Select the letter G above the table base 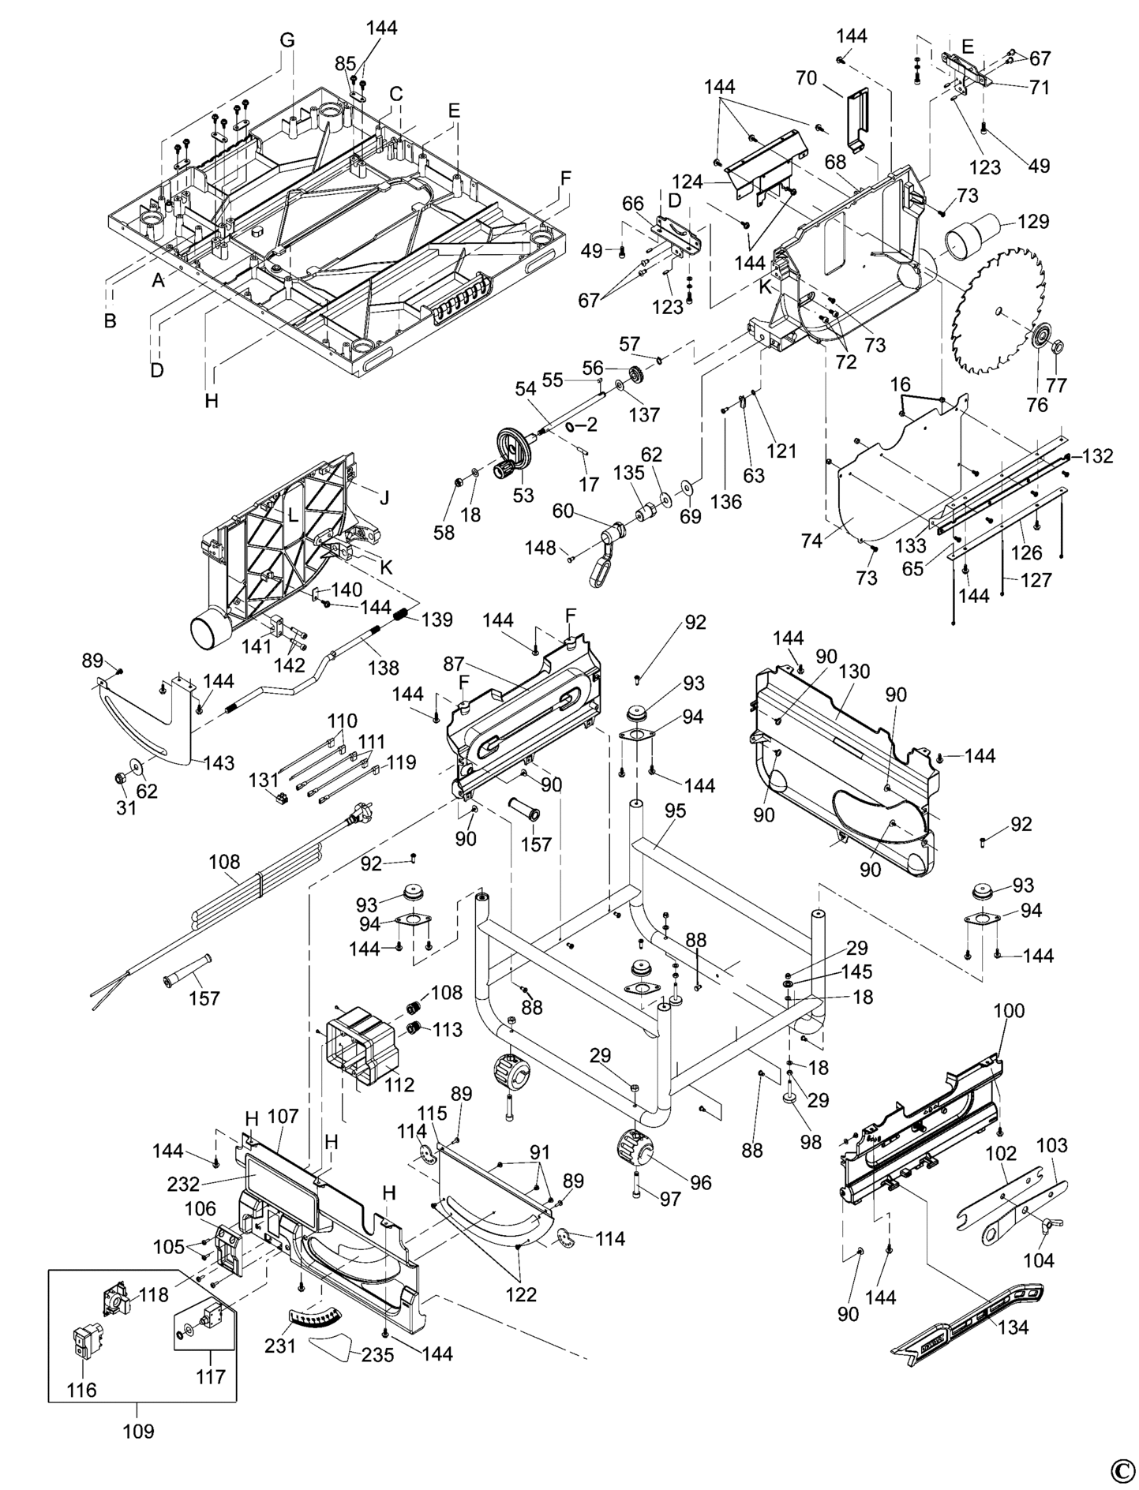[287, 40]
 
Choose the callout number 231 [280, 1345]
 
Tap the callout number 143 [219, 762]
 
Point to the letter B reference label [111, 320]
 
